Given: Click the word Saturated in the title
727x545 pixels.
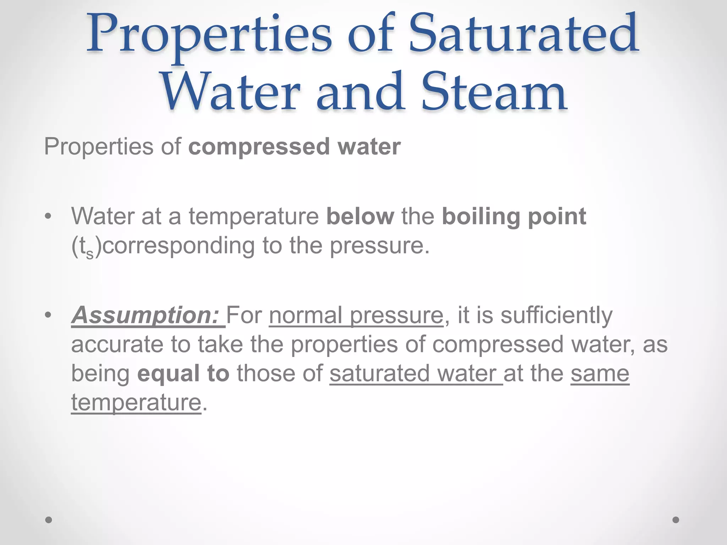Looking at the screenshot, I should tap(523, 35).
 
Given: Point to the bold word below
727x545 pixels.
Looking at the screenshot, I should tap(360, 216).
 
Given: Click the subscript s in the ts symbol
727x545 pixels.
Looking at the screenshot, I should tap(90, 253).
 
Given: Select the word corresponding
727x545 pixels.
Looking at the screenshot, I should tap(179, 246).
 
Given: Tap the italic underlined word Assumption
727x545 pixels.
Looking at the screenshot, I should tap(145, 315).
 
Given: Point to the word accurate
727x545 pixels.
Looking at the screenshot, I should tap(117, 345).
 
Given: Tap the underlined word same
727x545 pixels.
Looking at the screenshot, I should tap(600, 374).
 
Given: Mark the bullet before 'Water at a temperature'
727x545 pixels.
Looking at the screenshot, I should tap(48, 216).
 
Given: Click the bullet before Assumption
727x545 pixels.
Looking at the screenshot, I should tap(48, 315).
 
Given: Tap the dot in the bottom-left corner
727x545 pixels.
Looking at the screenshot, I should tap(49, 520).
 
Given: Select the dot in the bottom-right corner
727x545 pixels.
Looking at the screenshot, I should tap(676, 520).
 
